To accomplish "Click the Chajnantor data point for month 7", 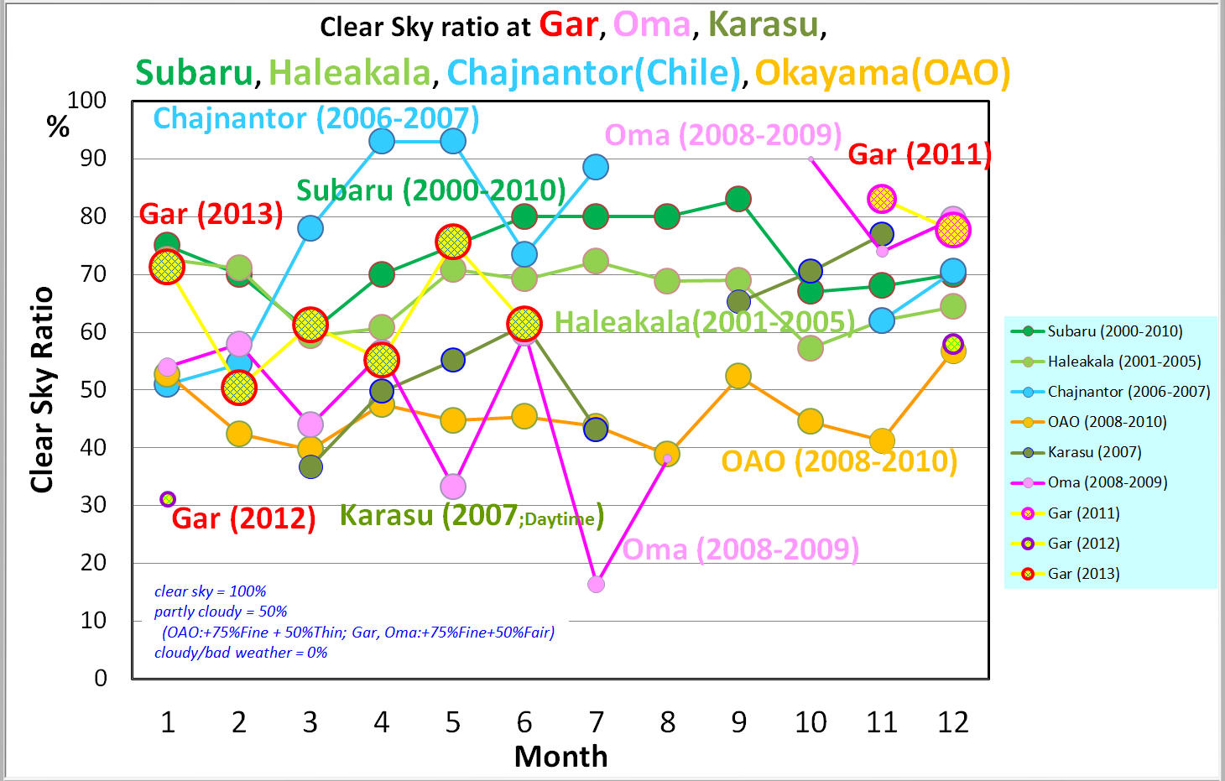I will click(596, 167).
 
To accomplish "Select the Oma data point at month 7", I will click(596, 584).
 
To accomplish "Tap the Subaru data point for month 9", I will click(738, 199).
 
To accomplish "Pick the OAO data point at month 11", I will click(882, 440).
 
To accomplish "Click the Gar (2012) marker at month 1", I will click(168, 499).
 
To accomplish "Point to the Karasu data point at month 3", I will click(310, 466).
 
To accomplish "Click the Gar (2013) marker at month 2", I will click(239, 388).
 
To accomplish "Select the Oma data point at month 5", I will click(453, 487).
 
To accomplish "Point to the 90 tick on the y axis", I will click(93, 158).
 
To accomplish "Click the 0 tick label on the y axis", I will click(101, 678).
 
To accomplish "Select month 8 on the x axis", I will click(667, 721).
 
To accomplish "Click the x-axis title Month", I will click(560, 757).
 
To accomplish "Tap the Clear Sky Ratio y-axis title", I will click(42, 389).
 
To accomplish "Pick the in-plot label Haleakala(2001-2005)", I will click(705, 321).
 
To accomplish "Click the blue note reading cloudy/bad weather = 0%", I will click(241, 653).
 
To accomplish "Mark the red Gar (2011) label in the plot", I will click(920, 154).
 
